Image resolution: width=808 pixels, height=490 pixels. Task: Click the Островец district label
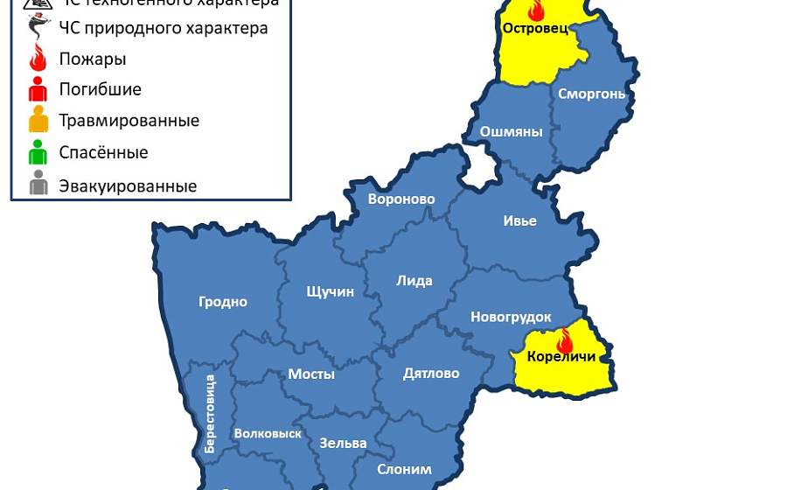(535, 28)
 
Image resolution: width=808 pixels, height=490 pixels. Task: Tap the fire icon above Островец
(536, 10)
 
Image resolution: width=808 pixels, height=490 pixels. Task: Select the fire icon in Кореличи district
(565, 340)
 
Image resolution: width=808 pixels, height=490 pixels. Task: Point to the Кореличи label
(561, 357)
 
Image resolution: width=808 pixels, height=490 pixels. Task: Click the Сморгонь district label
(591, 94)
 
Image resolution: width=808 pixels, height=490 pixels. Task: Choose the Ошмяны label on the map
(512, 132)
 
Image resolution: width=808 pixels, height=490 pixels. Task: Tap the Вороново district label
(401, 199)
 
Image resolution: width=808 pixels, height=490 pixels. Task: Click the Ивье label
(519, 220)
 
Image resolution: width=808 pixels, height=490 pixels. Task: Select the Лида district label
(414, 281)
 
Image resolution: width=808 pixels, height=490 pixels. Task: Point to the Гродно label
(223, 302)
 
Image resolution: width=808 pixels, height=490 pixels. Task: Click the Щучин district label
(331, 291)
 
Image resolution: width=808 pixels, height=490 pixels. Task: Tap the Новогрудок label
(511, 317)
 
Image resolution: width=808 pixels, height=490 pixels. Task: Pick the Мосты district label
(311, 374)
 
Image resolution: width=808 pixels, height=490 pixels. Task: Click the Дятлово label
(431, 374)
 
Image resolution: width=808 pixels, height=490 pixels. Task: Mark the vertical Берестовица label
(210, 413)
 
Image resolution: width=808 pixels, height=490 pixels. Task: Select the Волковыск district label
(268, 433)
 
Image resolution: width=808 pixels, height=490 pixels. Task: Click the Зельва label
(343, 443)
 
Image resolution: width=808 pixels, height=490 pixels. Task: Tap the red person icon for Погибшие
(38, 88)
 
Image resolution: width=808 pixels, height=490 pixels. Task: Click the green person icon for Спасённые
(38, 152)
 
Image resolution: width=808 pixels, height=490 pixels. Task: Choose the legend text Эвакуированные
(128, 186)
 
